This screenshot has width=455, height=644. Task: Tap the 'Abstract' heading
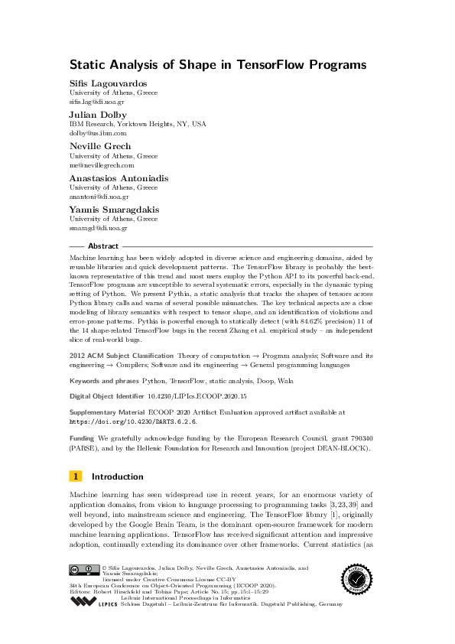(x=103, y=246)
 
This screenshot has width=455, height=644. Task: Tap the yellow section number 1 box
(x=76, y=476)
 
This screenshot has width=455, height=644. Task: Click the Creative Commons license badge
(x=83, y=569)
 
